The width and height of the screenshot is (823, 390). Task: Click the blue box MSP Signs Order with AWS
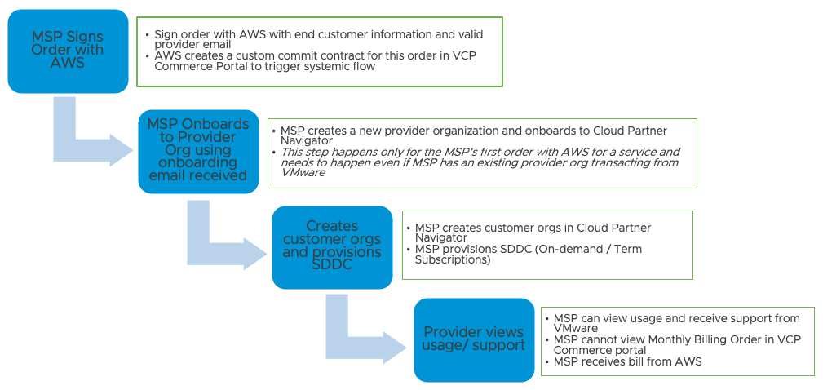click(68, 51)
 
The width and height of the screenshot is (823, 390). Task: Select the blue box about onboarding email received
click(198, 151)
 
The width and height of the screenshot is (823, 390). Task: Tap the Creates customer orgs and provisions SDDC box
click(332, 246)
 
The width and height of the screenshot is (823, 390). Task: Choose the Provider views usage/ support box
click(473, 339)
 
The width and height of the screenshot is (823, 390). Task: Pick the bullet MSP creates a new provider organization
click(473, 135)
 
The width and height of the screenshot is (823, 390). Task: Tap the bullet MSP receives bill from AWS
click(627, 361)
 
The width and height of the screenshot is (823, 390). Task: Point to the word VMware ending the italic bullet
click(303, 173)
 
